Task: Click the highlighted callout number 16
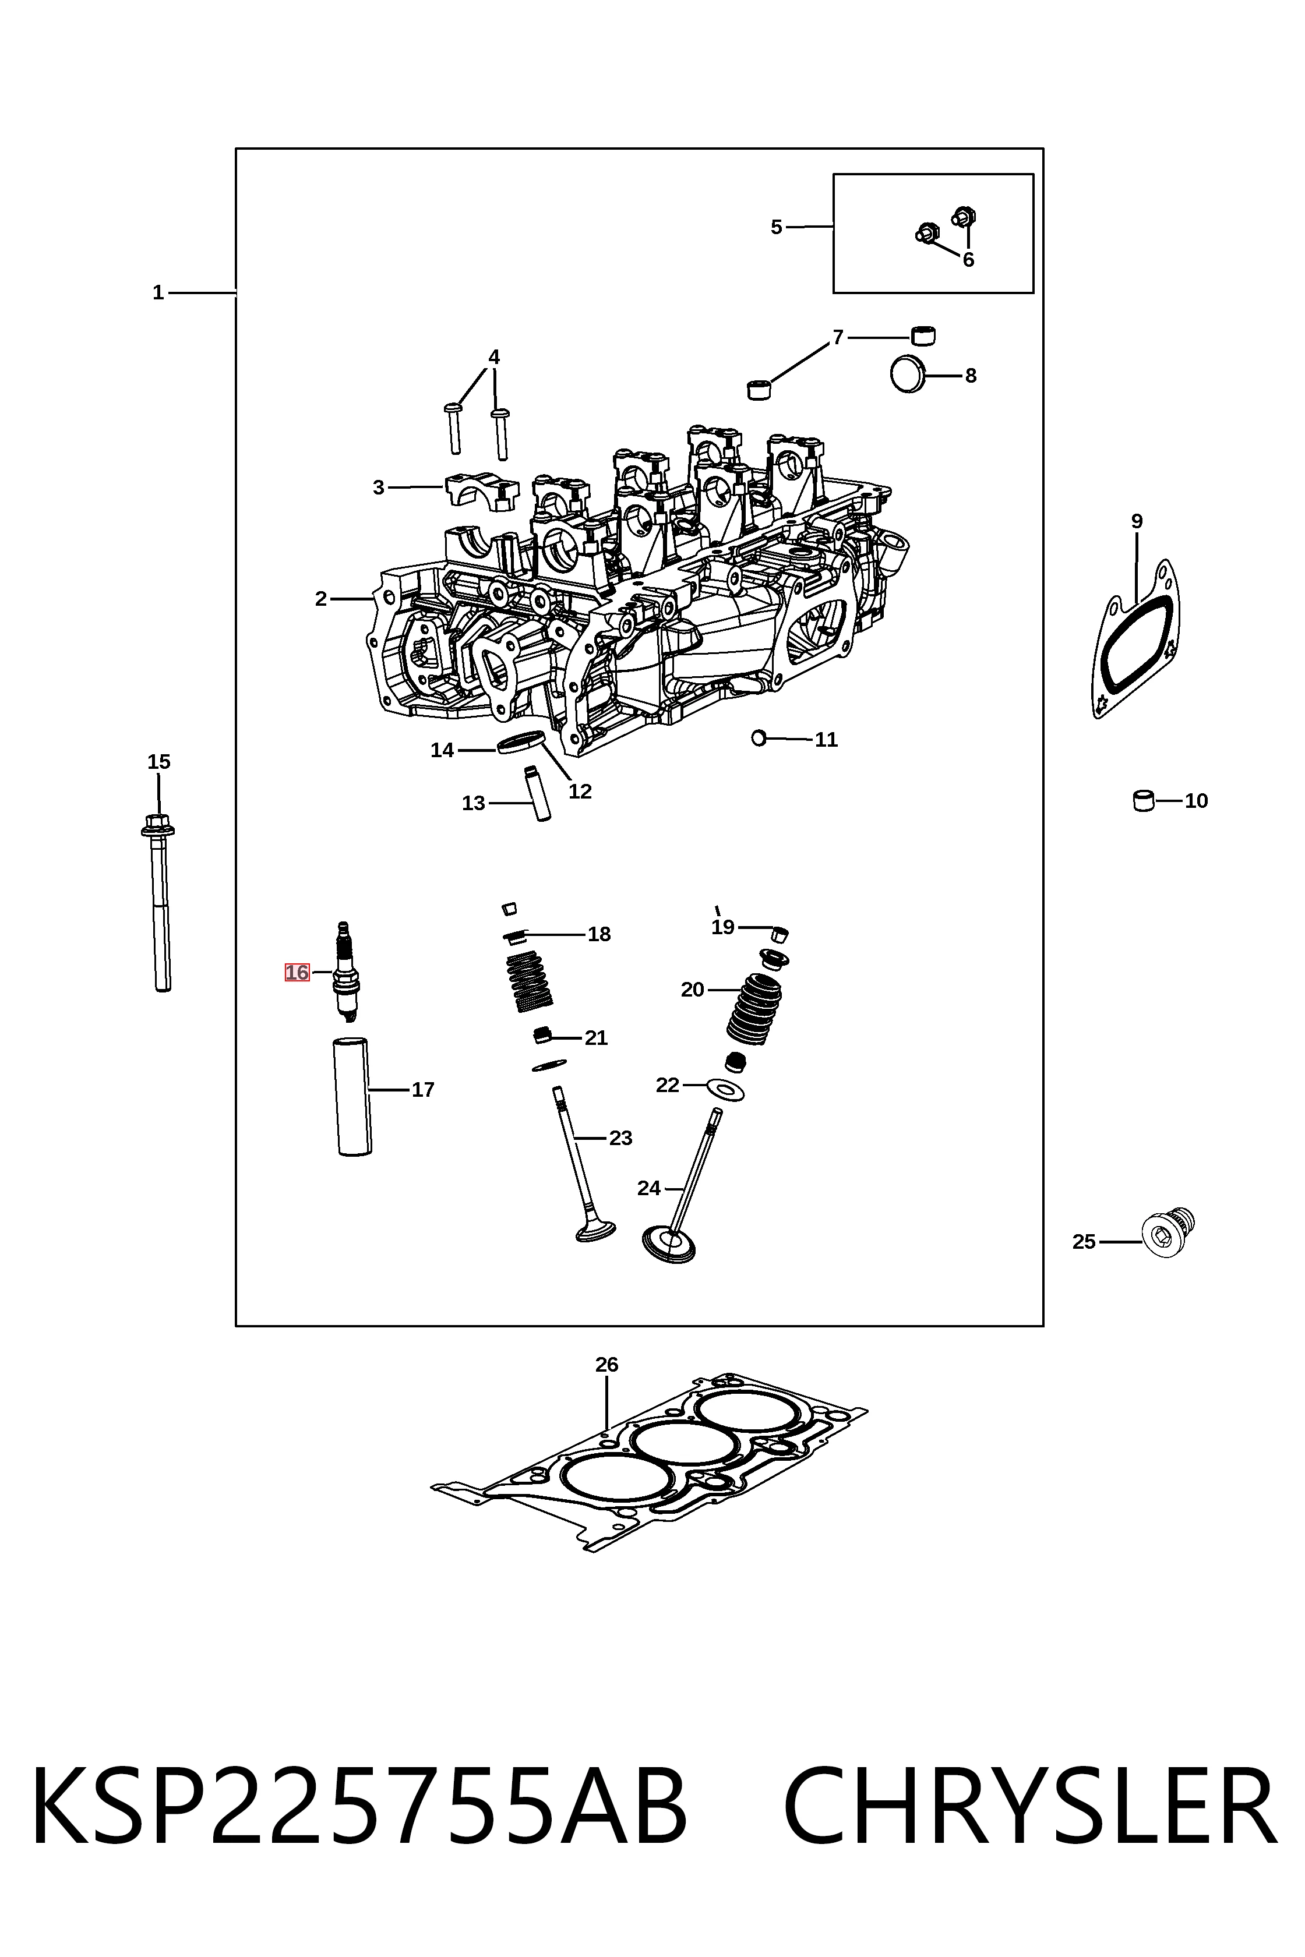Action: click(x=297, y=972)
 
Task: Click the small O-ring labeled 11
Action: click(x=758, y=737)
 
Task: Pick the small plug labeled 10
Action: click(x=1144, y=800)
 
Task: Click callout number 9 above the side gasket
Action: click(x=1137, y=522)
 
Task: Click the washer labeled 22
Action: click(x=724, y=1089)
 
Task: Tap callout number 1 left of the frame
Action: click(x=158, y=293)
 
